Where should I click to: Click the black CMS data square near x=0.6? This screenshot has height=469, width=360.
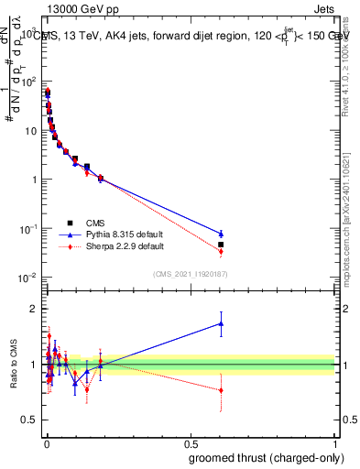point(221,245)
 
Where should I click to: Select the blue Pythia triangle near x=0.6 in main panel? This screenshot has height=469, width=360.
point(221,234)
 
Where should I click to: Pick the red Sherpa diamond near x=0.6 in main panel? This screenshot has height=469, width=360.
point(221,251)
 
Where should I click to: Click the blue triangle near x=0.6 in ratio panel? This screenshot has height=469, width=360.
point(221,322)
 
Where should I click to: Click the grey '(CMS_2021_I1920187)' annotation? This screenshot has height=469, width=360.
point(191,274)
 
